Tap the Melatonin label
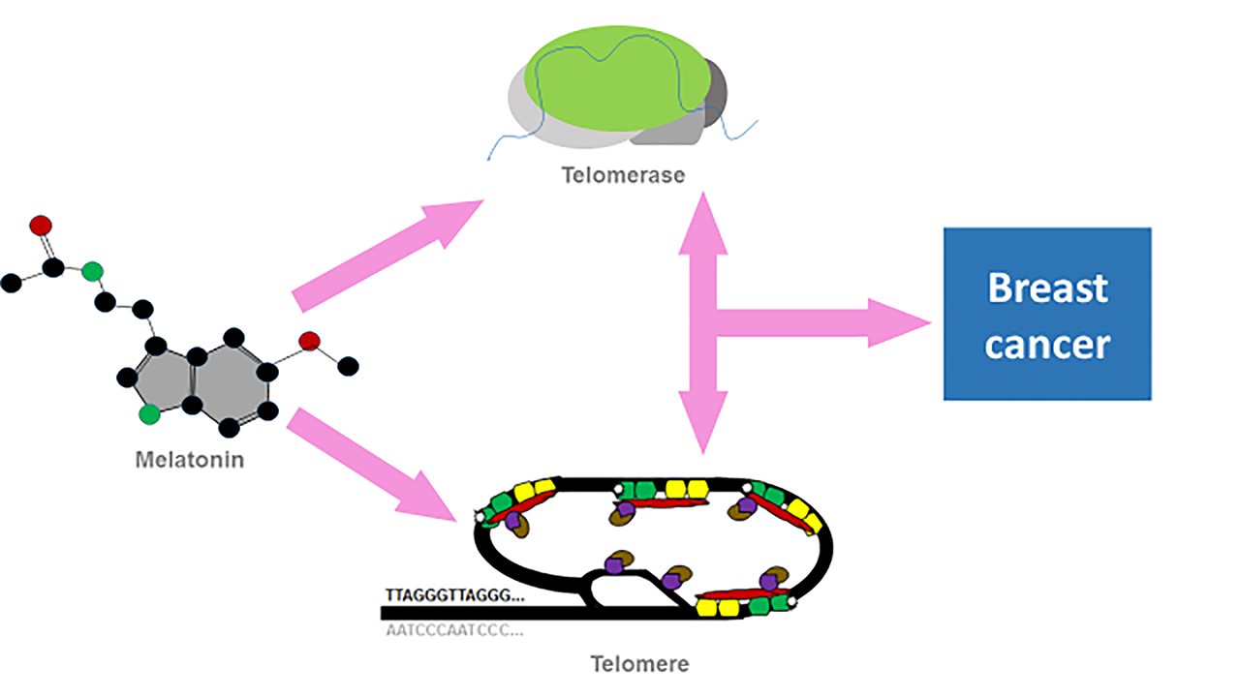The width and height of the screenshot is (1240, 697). pos(189,458)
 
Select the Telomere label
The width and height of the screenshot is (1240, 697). pos(640,664)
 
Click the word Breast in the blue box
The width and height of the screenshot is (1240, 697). pos(1046,288)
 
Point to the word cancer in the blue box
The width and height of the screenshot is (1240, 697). pos(1046,344)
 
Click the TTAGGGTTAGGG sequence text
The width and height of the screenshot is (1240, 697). pos(453,595)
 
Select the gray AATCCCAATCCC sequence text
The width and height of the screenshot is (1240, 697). pos(453,630)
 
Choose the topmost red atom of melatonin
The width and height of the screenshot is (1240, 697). pos(41,226)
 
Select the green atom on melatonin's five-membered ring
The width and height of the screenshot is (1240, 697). pos(148,414)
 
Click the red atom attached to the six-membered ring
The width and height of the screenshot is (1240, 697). pos(309,341)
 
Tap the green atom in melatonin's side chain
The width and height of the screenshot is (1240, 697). pos(92,270)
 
